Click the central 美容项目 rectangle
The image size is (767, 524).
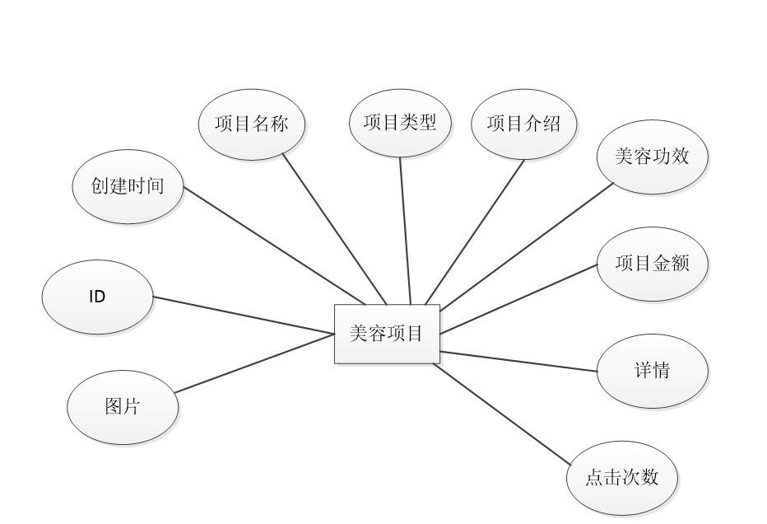387,334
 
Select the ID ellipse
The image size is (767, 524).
97,297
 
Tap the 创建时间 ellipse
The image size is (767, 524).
128,186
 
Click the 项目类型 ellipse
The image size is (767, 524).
400,123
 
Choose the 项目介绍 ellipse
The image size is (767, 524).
524,124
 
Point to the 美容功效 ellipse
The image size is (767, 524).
651,157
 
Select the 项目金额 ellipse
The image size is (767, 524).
652,264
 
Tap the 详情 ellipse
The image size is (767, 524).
653,371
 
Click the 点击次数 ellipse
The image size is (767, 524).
622,478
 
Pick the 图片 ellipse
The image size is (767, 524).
122,407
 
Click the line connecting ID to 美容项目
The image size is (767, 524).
244,316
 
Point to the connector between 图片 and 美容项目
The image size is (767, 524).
254,363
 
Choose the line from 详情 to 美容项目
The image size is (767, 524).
518,362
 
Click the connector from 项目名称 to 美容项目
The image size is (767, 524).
333,228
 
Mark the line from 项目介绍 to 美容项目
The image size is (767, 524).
476,231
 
